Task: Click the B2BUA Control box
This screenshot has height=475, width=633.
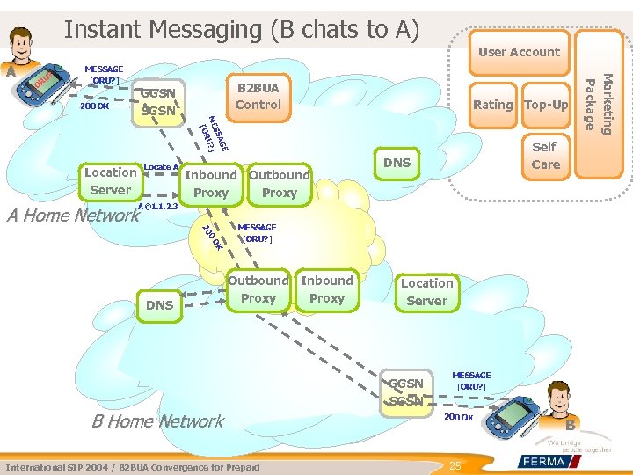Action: [x=258, y=96]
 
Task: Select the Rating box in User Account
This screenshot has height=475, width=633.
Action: [x=492, y=105]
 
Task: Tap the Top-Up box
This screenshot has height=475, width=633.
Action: [x=546, y=105]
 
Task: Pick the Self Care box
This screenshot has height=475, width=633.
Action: [x=545, y=156]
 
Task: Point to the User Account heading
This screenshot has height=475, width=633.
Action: [x=519, y=52]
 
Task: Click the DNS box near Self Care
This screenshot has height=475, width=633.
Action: [x=397, y=163]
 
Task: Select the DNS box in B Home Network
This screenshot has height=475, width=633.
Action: [x=159, y=305]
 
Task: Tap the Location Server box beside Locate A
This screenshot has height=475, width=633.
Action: [x=111, y=181]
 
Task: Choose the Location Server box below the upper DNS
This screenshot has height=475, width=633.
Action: [x=426, y=292]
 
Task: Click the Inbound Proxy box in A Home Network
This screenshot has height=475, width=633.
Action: [x=211, y=183]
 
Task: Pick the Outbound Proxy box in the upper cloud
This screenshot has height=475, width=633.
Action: [x=280, y=183]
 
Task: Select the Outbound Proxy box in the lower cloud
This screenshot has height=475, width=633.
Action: [x=258, y=289]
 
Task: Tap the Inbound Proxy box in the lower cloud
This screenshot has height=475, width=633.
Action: [x=327, y=289]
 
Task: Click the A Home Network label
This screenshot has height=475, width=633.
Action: [x=73, y=215]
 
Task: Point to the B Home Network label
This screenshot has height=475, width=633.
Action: [x=158, y=420]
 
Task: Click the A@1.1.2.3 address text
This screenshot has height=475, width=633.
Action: [x=158, y=206]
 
